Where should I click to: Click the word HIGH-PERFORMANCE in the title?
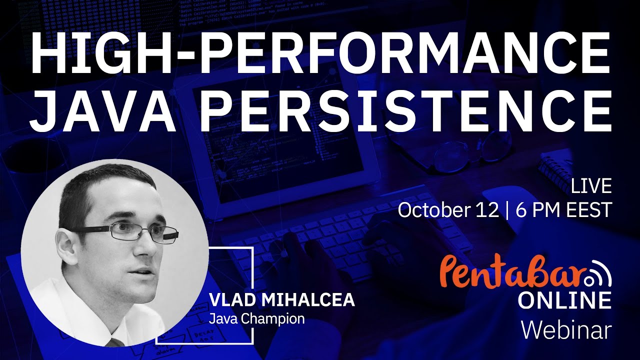coord(320,53)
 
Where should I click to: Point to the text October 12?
coord(448,210)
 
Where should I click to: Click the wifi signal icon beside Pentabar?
coord(597,274)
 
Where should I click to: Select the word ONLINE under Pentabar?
coord(564,300)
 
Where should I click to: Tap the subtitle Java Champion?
coord(256,318)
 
